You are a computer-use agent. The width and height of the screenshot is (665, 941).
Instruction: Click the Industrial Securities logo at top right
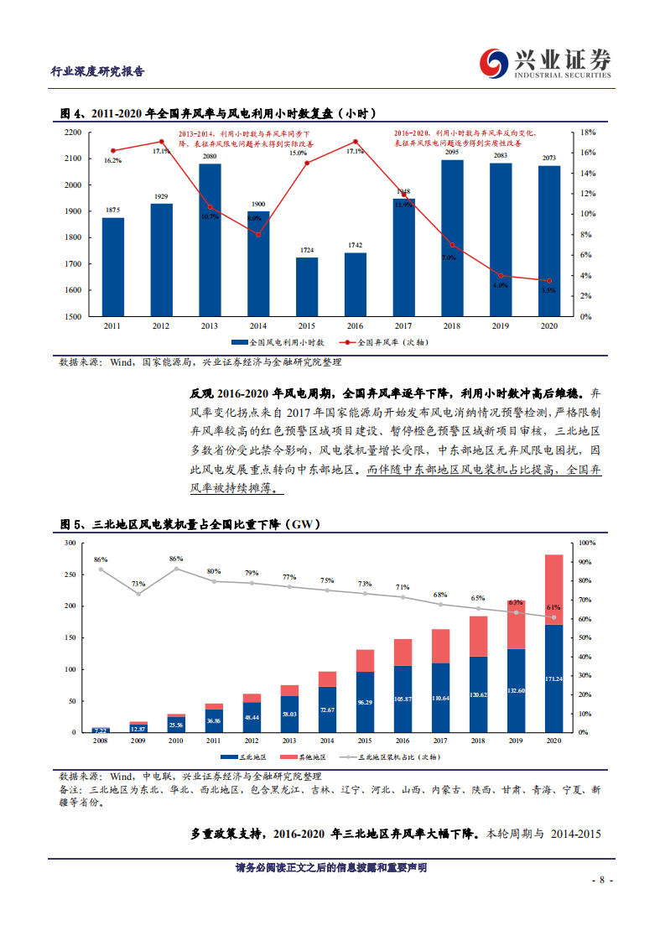(x=545, y=63)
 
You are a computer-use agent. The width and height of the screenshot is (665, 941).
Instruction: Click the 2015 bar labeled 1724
(x=307, y=286)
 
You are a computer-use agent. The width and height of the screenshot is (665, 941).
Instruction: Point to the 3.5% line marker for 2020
(x=549, y=281)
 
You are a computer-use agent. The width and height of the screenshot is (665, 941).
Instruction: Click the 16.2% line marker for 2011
(x=113, y=151)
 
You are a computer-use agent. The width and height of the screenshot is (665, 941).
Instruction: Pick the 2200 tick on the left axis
(x=72, y=133)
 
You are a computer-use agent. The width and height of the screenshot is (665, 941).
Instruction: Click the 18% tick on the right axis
(x=588, y=133)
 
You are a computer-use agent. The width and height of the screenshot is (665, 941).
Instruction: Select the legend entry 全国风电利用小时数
(x=280, y=342)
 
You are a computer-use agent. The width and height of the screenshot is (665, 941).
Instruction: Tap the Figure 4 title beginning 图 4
(x=218, y=113)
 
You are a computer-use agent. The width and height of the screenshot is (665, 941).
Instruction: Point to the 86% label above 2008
(x=101, y=559)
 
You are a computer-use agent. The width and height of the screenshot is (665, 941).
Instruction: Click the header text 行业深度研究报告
(x=98, y=71)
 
